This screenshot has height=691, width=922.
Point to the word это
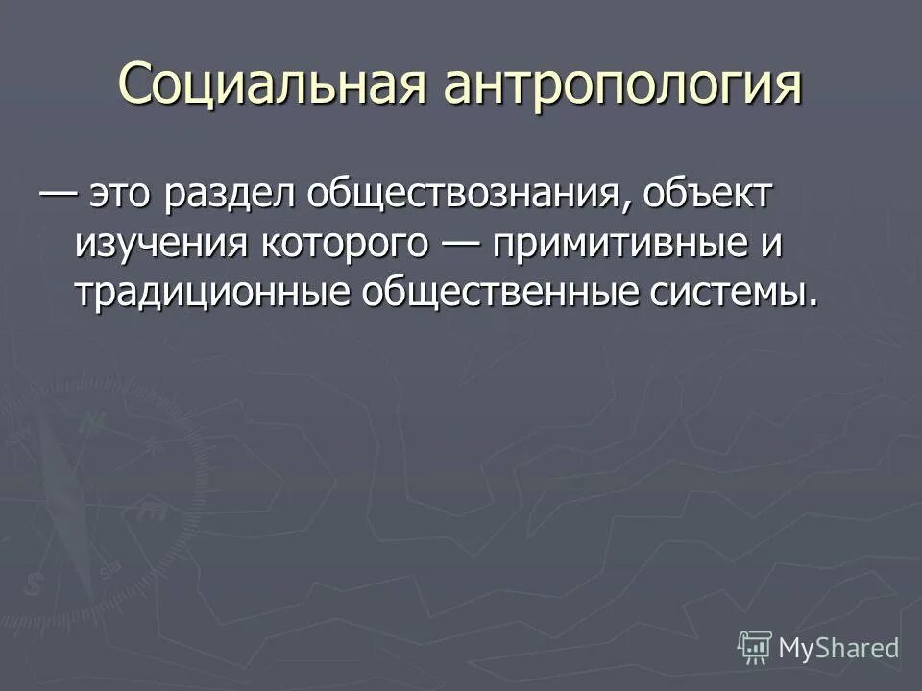[123, 196]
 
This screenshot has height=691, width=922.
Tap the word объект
[710, 196]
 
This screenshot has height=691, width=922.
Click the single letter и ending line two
[771, 244]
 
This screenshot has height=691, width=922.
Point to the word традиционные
[211, 291]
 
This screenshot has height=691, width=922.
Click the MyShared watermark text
[838, 648]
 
